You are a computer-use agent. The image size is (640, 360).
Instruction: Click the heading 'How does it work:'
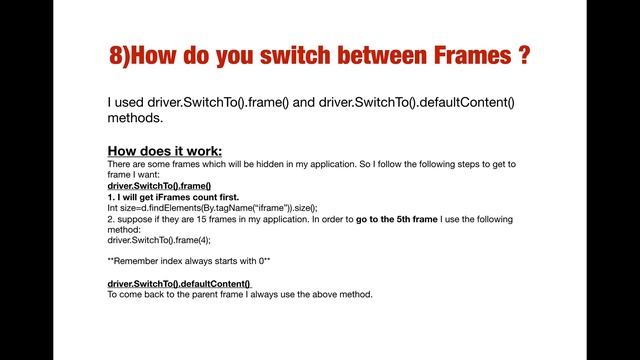165,151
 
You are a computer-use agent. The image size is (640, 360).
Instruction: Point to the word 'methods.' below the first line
135,118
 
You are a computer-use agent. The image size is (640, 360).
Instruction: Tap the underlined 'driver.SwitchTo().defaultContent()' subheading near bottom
179,284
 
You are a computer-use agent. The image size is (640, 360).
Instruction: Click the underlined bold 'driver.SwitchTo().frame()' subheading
159,186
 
